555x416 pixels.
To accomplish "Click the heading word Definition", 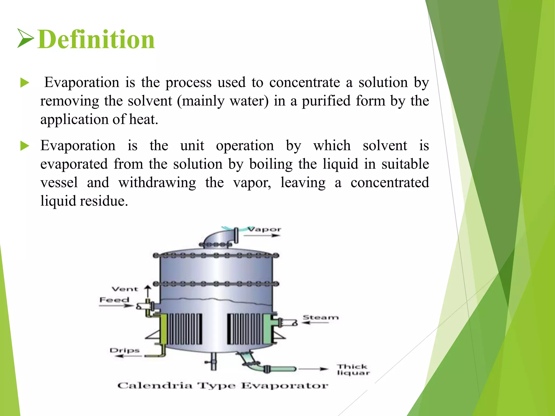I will (x=96, y=40).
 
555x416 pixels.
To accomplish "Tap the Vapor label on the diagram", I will (x=265, y=229).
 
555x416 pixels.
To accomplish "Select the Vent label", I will (x=125, y=289).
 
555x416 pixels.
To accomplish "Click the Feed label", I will (x=114, y=300).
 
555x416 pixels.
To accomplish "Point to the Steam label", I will (x=321, y=317).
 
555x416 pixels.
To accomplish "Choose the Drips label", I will (x=124, y=350).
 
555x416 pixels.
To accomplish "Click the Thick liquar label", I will (x=353, y=370).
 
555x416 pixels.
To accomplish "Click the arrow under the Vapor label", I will (x=262, y=236).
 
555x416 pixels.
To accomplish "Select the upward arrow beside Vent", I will (x=148, y=291).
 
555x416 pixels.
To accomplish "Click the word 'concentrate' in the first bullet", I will (x=304, y=82).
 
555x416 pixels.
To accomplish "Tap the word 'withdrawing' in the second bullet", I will (x=157, y=183).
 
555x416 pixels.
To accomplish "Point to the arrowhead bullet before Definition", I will (x=26, y=38).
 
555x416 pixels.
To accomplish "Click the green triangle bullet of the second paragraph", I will (x=25, y=146).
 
